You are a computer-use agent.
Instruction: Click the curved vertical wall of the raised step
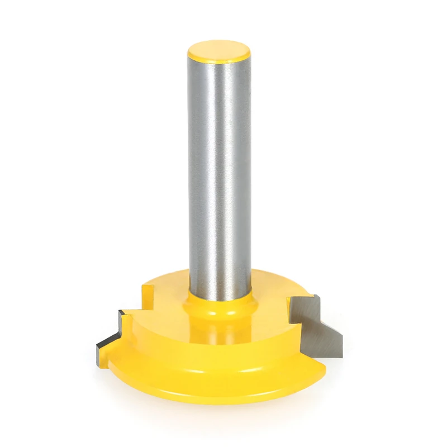[x=168, y=341]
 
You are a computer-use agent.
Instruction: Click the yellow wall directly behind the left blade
[x=134, y=330]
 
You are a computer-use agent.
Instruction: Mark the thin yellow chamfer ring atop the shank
[x=219, y=61]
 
